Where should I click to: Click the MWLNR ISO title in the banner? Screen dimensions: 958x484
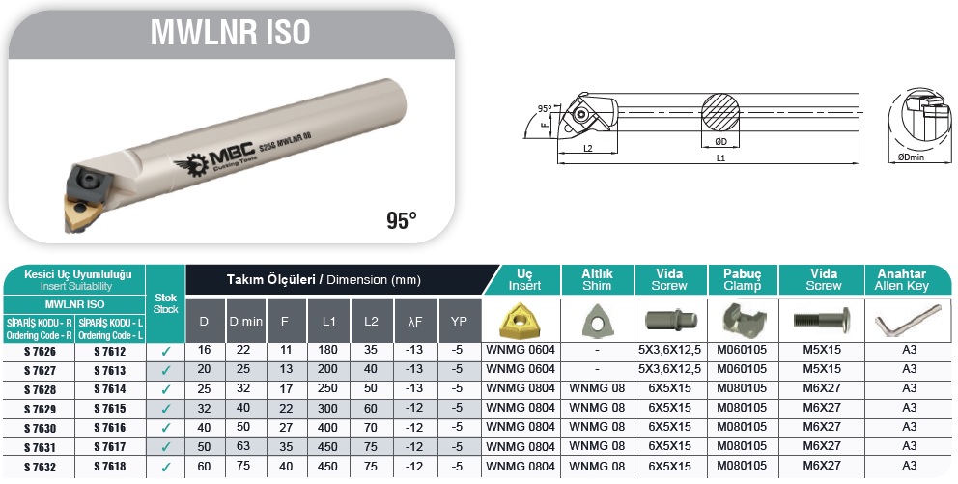click(231, 33)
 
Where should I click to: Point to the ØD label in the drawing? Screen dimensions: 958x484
click(721, 142)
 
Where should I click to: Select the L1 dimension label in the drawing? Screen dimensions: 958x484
click(721, 157)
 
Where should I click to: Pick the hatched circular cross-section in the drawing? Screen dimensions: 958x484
click(720, 112)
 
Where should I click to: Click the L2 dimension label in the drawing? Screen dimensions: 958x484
click(588, 149)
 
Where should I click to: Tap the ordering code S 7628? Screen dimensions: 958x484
click(40, 390)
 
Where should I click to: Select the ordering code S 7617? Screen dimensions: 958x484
click(110, 447)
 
